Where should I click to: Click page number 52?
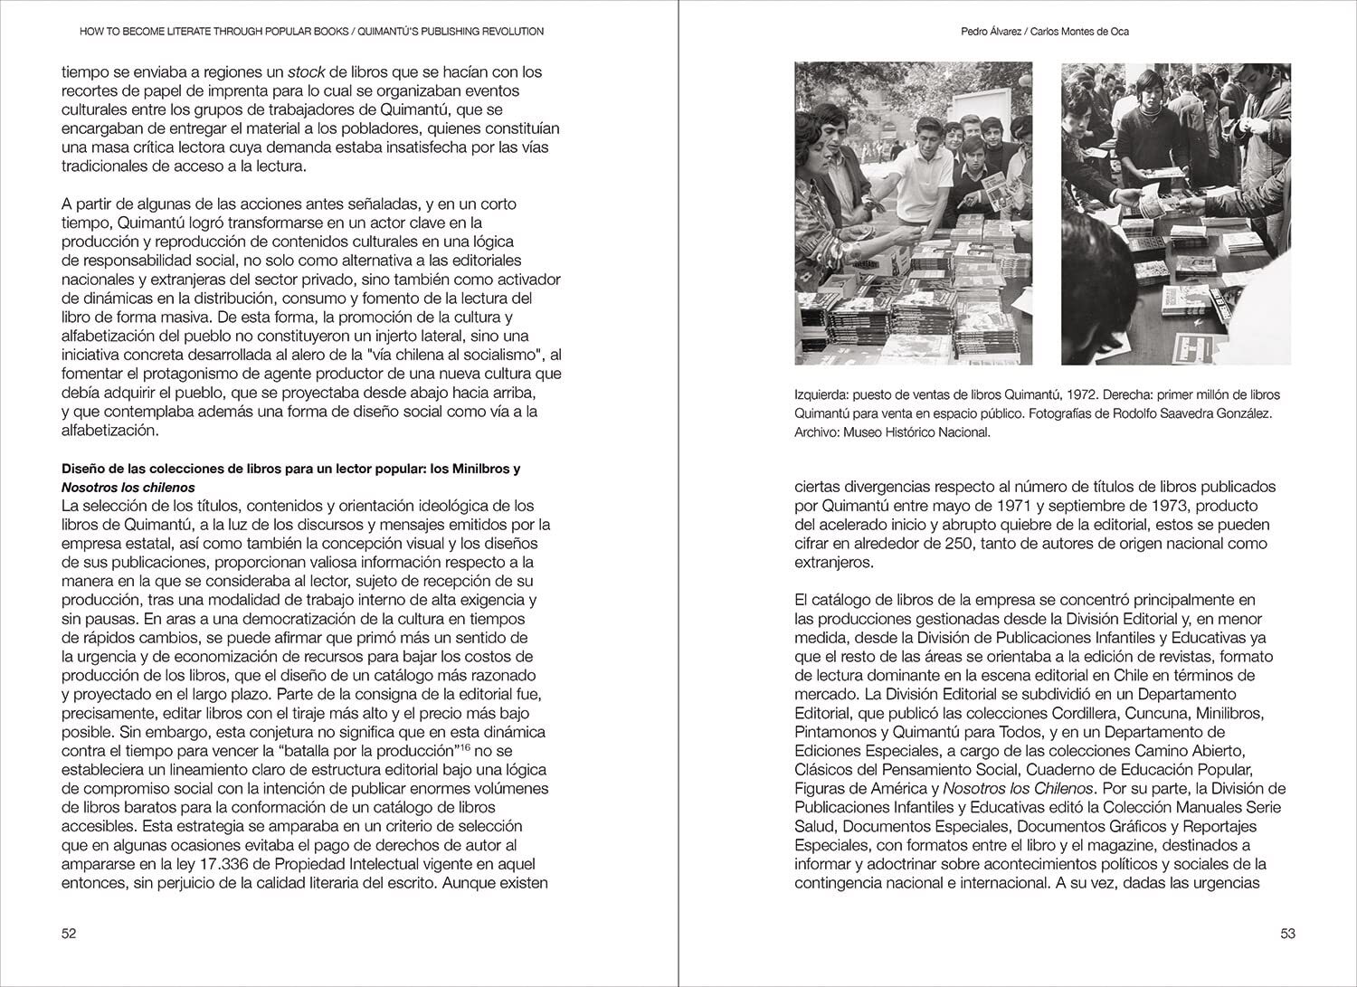pyautogui.click(x=69, y=935)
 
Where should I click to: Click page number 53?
pyautogui.click(x=1288, y=935)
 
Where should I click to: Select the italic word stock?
pyautogui.click(x=306, y=71)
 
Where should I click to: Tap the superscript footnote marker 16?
pyautogui.click(x=464, y=747)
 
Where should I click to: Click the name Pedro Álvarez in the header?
pyautogui.click(x=995, y=32)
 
